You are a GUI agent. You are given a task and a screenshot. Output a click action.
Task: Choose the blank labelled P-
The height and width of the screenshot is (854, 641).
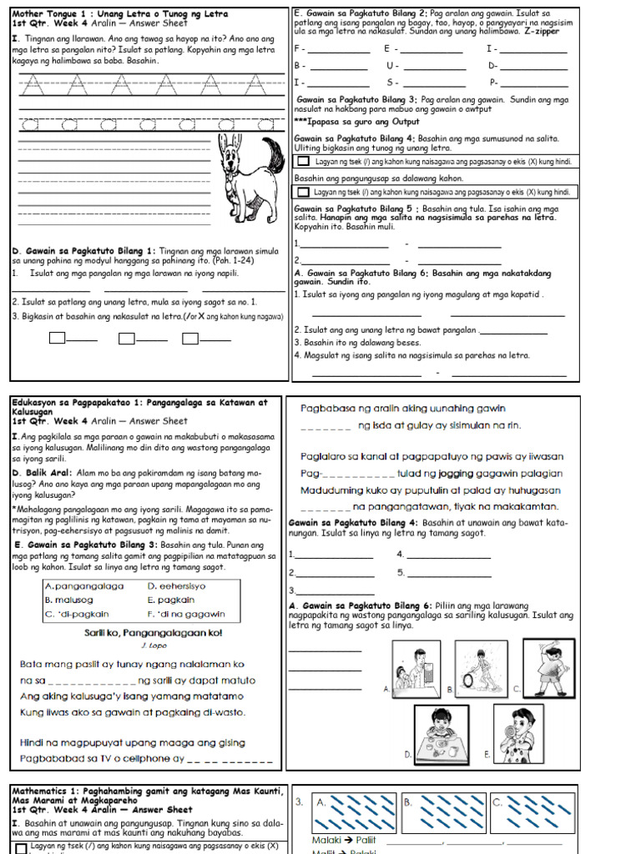pyautogui.click(x=534, y=83)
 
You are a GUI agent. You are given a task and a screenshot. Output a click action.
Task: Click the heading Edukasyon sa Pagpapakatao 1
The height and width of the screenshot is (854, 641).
pyautogui.click(x=80, y=402)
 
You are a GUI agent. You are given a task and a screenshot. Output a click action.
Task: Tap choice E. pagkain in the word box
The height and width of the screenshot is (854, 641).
pyautogui.click(x=171, y=600)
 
